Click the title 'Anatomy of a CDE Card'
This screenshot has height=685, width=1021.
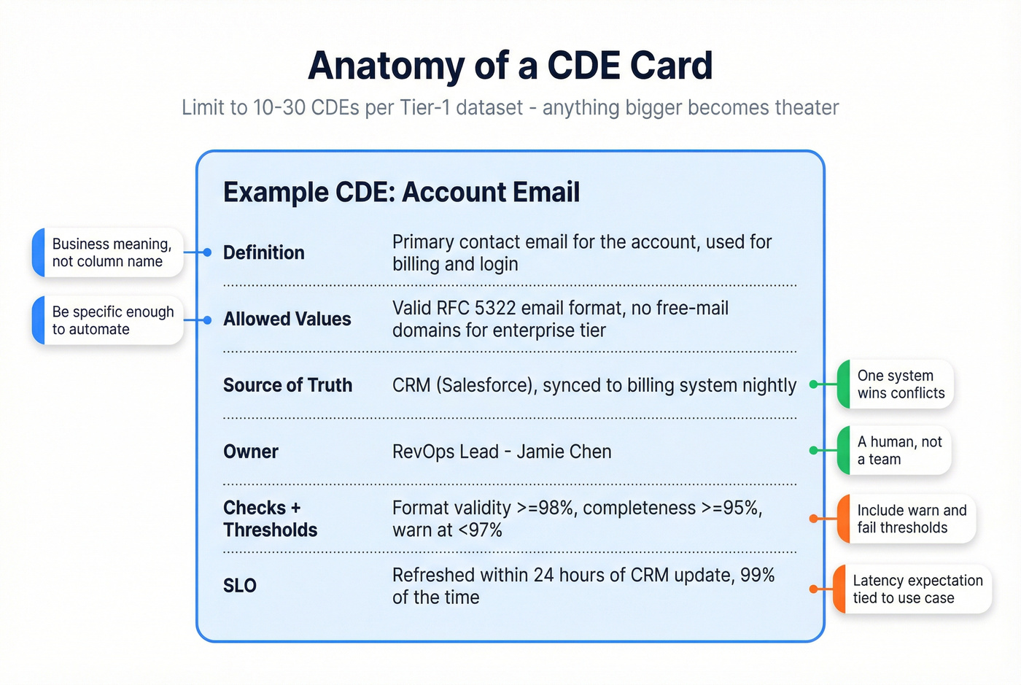point(510,66)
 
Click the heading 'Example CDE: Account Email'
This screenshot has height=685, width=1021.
point(401,193)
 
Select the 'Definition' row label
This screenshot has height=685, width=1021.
point(263,253)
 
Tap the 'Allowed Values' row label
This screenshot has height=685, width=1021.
point(287,320)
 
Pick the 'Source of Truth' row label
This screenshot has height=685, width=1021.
point(287,385)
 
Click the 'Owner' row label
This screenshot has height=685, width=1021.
point(250,452)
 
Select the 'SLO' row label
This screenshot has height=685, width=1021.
point(239,586)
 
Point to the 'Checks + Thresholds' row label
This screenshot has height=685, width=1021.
point(270,519)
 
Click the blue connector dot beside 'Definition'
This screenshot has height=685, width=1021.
point(207,252)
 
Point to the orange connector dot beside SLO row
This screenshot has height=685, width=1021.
point(814,589)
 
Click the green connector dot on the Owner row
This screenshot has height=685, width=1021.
point(814,451)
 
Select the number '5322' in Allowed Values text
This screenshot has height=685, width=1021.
point(495,309)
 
